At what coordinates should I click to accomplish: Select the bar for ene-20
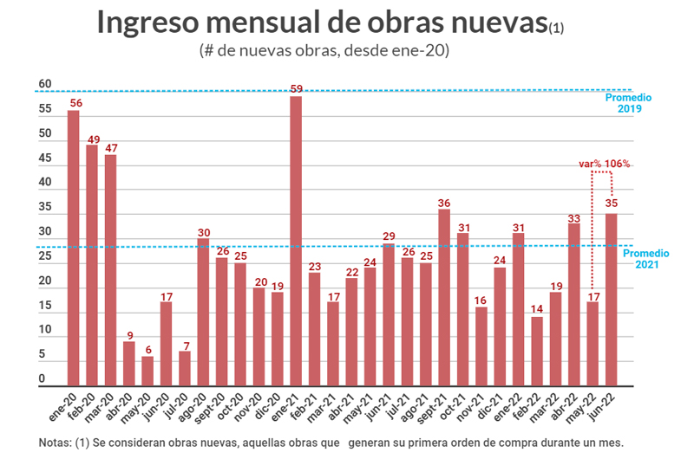(x=74, y=248)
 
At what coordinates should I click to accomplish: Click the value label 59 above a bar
(x=296, y=88)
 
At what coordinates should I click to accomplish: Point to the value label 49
(x=92, y=139)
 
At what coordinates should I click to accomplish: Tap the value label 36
(x=444, y=204)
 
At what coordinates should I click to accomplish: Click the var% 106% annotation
(x=606, y=164)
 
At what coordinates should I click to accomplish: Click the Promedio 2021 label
(x=647, y=259)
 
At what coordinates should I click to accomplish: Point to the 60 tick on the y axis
(x=45, y=85)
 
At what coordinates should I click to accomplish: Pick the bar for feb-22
(x=537, y=351)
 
